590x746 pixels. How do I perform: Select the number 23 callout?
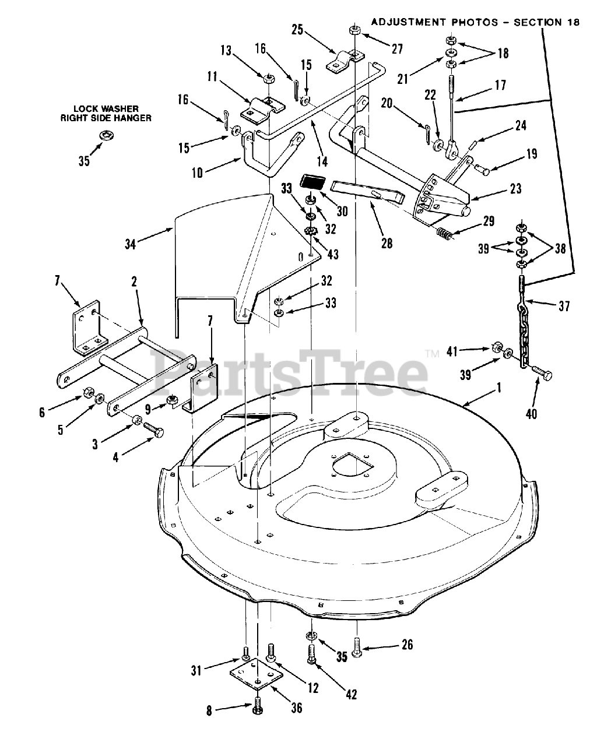click(x=515, y=189)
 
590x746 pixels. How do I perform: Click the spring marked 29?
click(x=446, y=235)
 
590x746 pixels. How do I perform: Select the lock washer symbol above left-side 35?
click(x=106, y=136)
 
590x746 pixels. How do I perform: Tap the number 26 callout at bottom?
click(x=407, y=644)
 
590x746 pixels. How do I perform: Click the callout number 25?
click(x=298, y=29)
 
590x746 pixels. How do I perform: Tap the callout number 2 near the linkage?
click(x=134, y=281)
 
